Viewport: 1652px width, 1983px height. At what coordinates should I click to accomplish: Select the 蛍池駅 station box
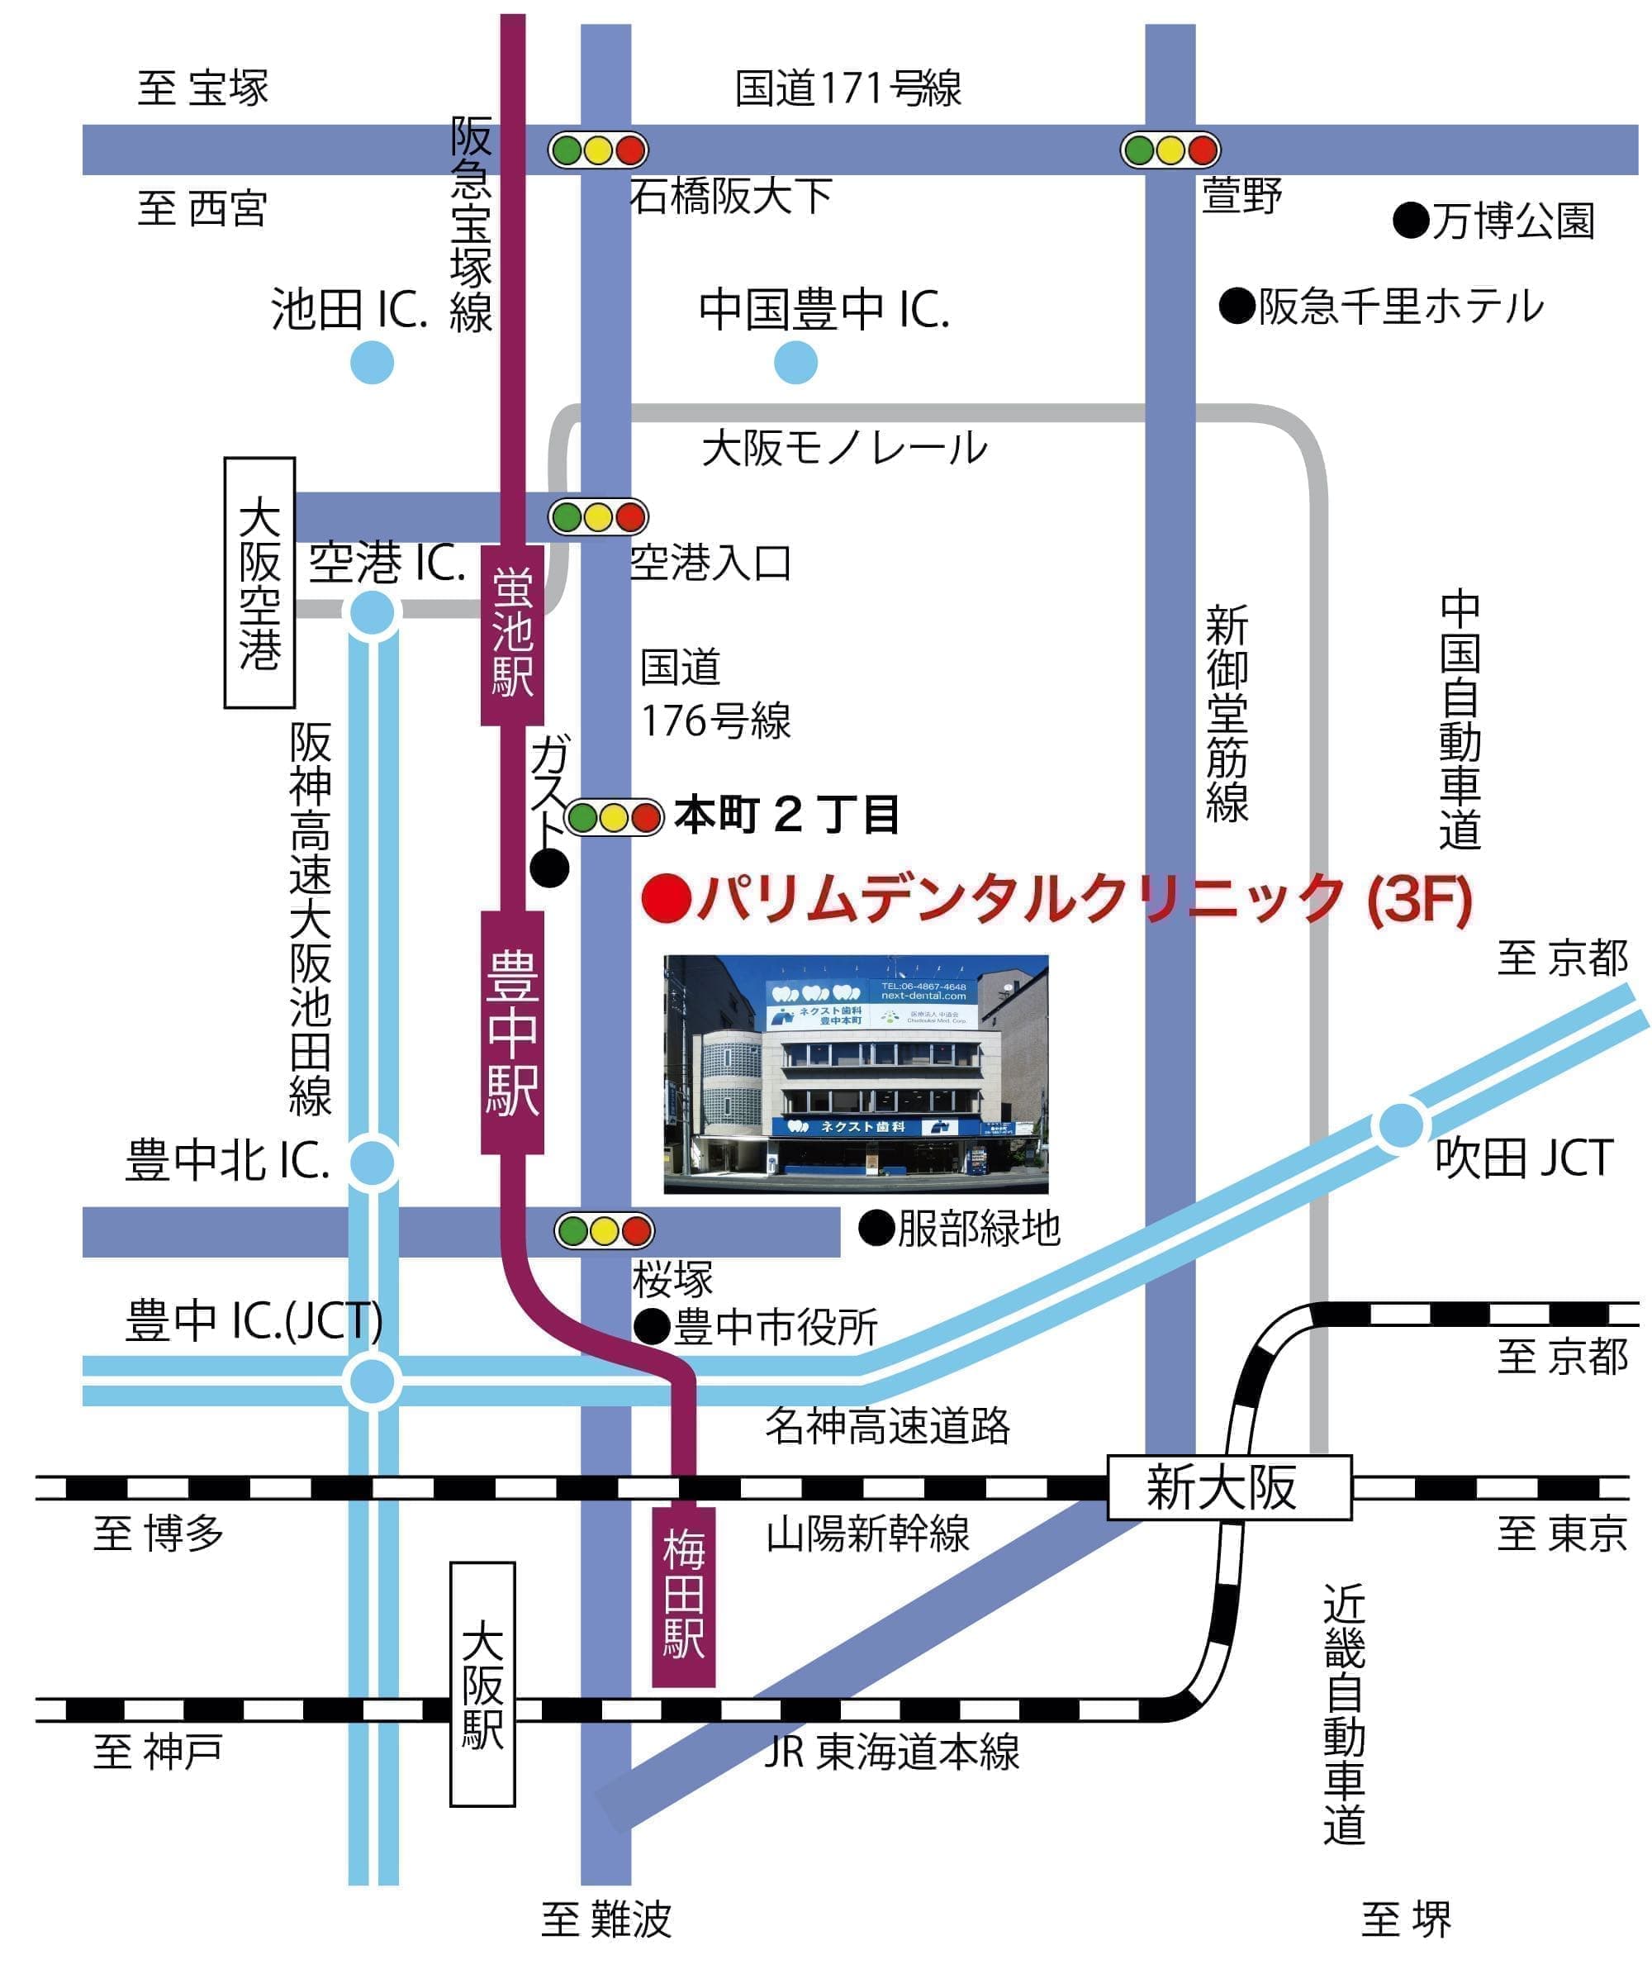pos(513,635)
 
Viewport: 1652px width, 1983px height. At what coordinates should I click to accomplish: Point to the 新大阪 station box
pos(1228,1488)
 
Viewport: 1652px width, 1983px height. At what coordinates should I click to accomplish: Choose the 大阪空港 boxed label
pos(259,583)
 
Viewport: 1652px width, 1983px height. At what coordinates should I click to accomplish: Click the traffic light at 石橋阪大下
pos(599,150)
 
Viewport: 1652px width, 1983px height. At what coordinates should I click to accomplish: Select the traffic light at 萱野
pos(1170,150)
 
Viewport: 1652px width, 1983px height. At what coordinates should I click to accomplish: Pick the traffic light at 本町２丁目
pos(615,817)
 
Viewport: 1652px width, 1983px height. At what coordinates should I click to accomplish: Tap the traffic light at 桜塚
pos(603,1230)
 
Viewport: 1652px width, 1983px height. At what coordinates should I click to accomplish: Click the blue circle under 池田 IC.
pos(372,363)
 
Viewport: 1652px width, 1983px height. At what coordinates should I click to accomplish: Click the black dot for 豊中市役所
pos(652,1327)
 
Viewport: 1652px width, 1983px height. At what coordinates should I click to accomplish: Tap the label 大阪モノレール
pos(844,448)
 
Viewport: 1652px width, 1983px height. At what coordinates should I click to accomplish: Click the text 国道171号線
pos(847,88)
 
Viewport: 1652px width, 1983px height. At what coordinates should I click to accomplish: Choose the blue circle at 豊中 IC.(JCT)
pos(372,1381)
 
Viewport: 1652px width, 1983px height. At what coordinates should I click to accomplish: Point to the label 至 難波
pos(606,1919)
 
